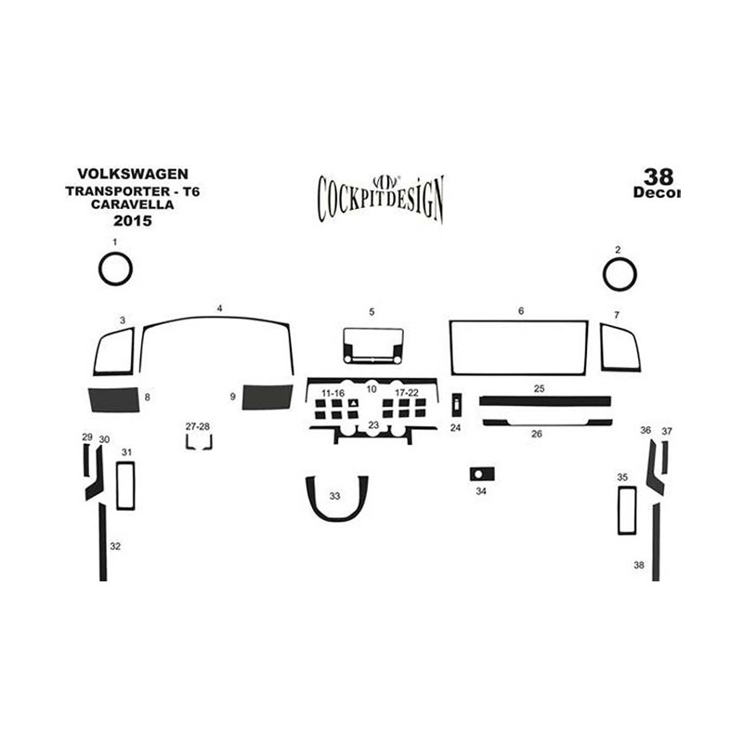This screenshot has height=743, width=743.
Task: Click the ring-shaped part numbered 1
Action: [100, 268]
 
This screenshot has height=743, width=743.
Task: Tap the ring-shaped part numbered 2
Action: [605, 274]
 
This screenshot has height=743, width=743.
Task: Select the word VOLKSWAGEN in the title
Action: [133, 174]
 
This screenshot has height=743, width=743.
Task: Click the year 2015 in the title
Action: [133, 220]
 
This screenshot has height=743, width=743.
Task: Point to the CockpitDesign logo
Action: [381, 198]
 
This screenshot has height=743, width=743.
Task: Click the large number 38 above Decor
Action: [658, 176]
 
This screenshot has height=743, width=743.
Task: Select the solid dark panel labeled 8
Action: [114, 399]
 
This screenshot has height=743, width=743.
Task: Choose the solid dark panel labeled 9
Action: [267, 398]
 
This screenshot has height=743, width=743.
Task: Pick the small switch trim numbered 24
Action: [456, 405]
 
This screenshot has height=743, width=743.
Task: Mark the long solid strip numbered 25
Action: [545, 401]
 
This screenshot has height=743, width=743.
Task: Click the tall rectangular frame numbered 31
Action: [118, 486]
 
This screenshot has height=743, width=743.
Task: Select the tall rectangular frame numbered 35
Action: [619, 511]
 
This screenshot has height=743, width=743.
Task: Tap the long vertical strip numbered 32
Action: [103, 542]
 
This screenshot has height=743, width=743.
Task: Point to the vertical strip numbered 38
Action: [656, 542]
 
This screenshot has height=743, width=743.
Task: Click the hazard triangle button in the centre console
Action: [353, 403]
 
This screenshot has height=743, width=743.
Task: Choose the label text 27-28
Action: [198, 426]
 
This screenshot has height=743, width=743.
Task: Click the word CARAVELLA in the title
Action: [133, 204]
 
